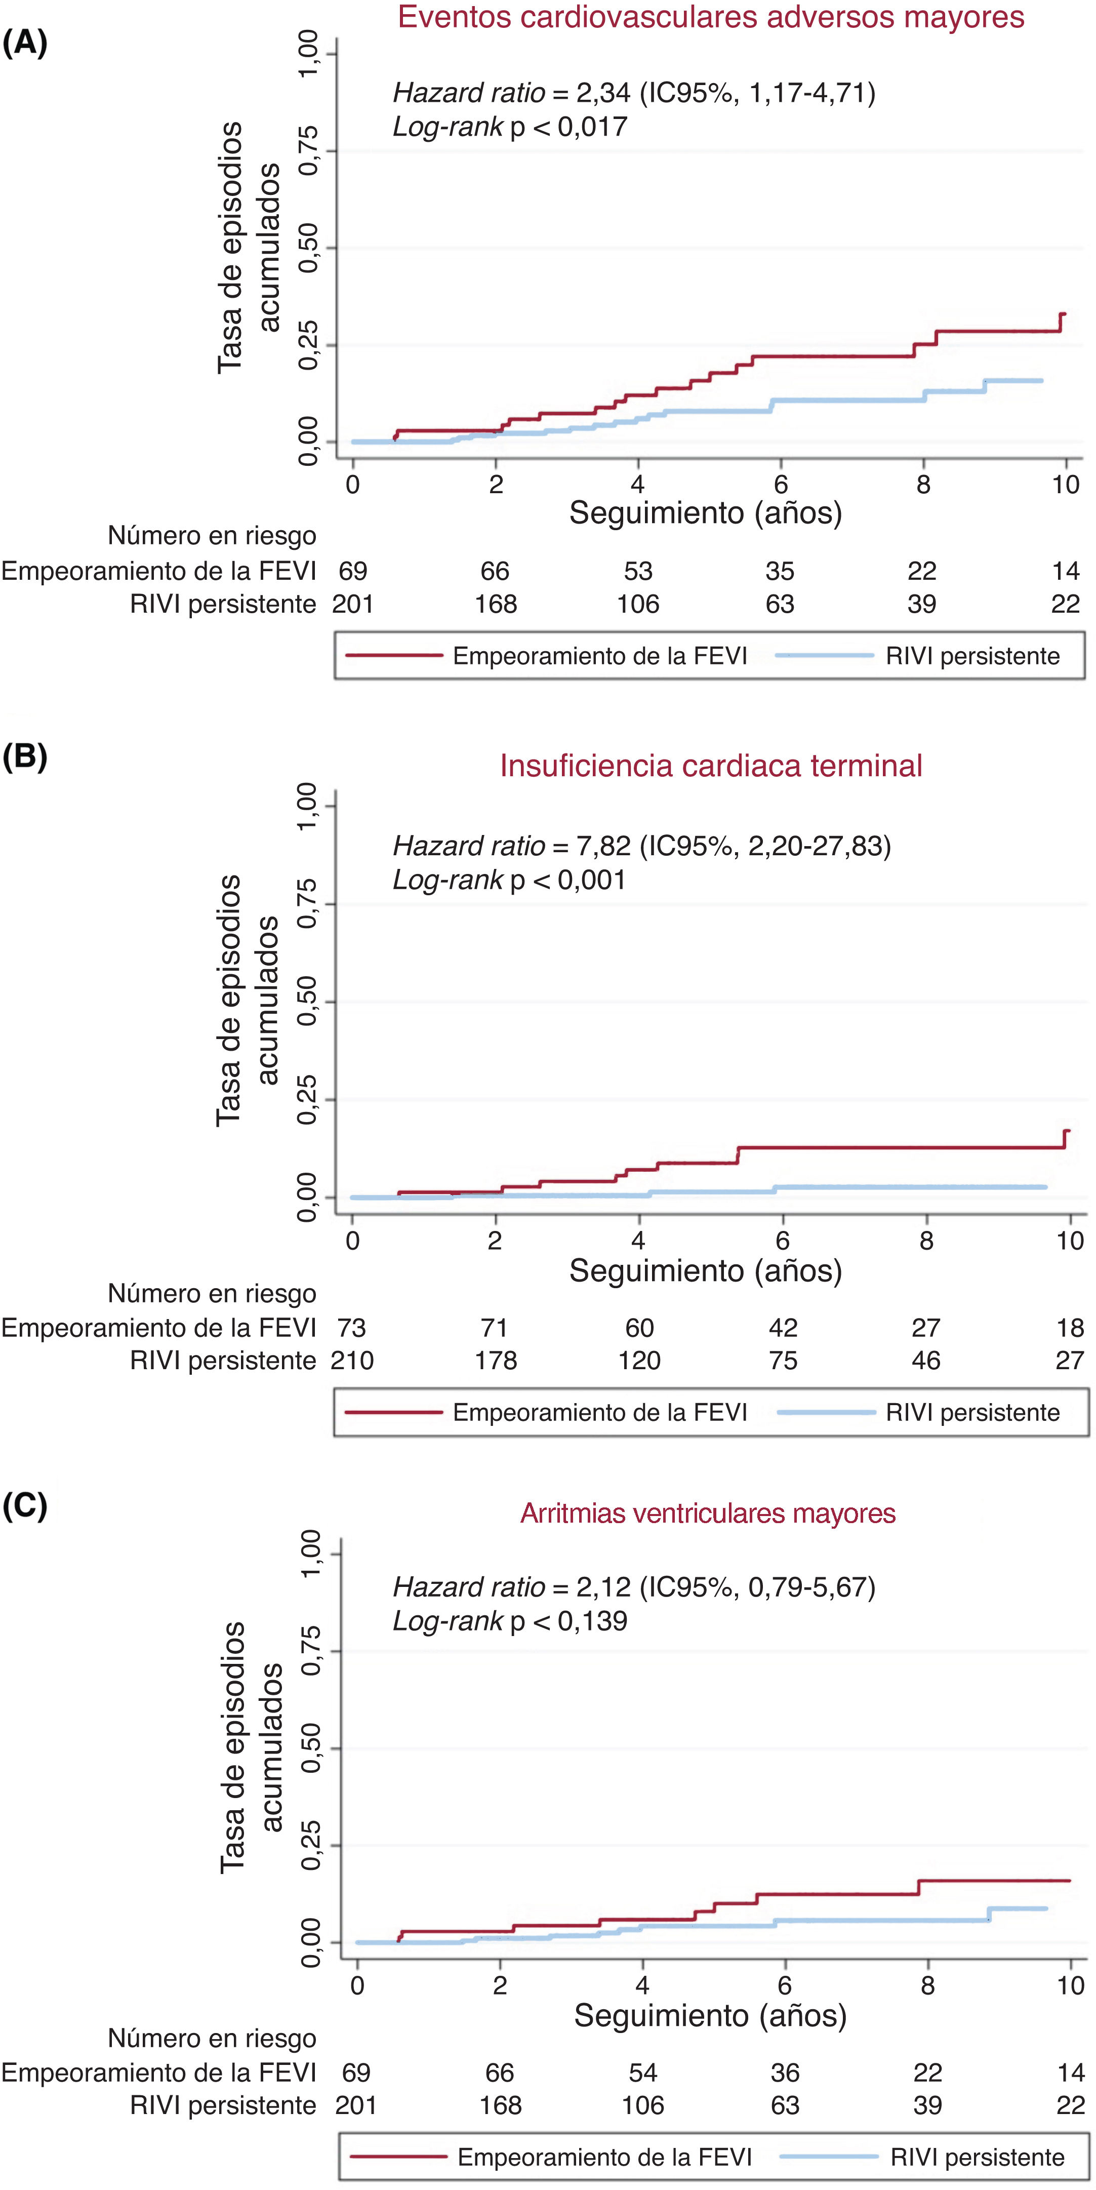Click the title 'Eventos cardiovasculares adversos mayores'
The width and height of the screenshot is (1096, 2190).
[711, 18]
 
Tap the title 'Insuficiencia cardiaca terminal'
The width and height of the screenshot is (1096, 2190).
[711, 766]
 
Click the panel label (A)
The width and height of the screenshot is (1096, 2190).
[25, 42]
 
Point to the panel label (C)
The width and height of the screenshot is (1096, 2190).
[25, 1505]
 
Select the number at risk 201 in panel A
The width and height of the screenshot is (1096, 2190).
[353, 605]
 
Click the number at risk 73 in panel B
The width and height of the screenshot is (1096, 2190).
[351, 1328]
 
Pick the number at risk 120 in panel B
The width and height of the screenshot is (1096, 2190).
[639, 1361]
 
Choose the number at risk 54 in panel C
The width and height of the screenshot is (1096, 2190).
[643, 2073]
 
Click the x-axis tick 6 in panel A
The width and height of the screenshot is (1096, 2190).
[781, 485]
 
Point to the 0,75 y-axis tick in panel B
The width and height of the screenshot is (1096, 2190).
[307, 904]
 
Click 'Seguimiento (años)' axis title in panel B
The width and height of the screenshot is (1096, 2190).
[706, 1271]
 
